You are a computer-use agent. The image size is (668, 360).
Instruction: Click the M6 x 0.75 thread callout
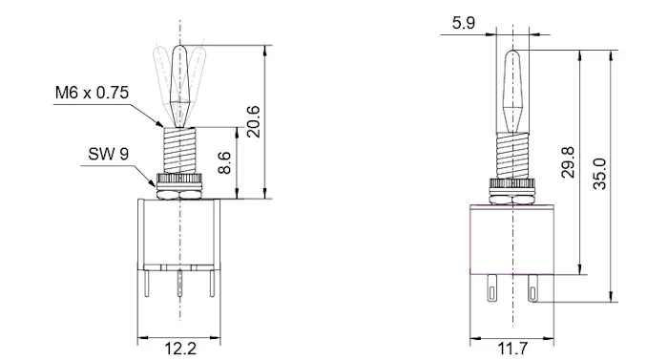tap(92, 93)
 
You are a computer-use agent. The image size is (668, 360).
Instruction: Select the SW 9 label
tap(108, 154)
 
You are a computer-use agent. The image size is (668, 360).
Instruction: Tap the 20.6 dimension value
tap(253, 121)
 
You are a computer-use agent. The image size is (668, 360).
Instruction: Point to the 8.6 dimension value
tap(224, 162)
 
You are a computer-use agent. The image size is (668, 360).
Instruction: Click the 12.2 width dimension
tap(180, 349)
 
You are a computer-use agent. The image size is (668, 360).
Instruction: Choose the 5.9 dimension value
tap(464, 23)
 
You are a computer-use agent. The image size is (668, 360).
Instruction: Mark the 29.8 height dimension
tap(568, 162)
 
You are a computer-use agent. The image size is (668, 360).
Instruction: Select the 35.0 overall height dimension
tap(599, 174)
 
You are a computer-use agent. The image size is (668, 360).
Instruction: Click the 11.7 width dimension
tap(513, 349)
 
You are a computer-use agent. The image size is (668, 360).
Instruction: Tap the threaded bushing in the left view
tap(179, 150)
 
